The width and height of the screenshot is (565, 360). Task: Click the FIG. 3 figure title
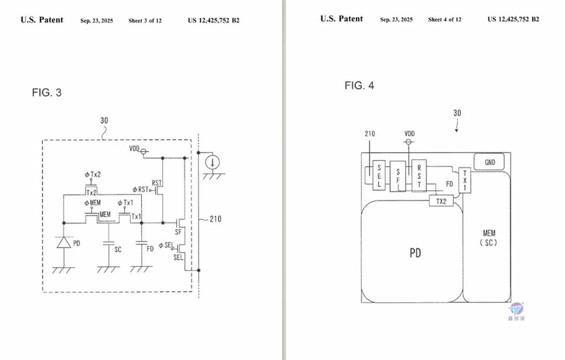coord(47,93)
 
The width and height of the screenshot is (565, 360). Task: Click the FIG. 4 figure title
coord(359,86)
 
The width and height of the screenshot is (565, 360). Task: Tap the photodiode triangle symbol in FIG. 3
coord(64,242)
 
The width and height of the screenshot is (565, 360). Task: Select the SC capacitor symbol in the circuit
coord(109,243)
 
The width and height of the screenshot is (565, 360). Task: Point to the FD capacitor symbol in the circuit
coord(142,243)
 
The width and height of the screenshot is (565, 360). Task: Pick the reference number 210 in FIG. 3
coord(215,219)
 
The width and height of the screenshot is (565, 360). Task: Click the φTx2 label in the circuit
coord(93,174)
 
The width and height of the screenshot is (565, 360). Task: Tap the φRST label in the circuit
coord(142,189)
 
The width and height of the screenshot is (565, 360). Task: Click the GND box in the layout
coord(490,162)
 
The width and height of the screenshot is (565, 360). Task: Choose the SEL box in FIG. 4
coord(380,176)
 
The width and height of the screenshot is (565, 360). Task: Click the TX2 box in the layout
coord(441,202)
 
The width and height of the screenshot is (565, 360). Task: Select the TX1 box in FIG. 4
coord(465,179)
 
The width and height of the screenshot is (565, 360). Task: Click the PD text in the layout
coord(415,253)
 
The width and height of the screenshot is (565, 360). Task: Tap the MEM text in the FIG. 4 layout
coord(489,233)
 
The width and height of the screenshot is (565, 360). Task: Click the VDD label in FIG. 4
coord(409,134)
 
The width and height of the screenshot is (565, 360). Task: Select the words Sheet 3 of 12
coord(145,20)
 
